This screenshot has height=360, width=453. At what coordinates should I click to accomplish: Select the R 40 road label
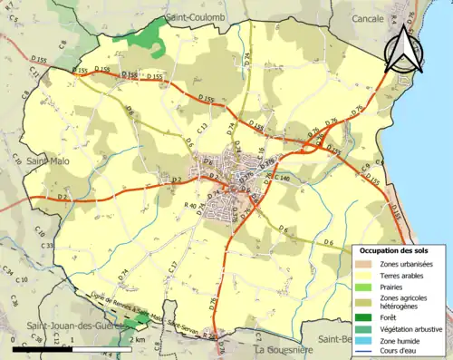(191, 207)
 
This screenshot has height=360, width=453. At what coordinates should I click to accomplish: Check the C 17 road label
(172, 268)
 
